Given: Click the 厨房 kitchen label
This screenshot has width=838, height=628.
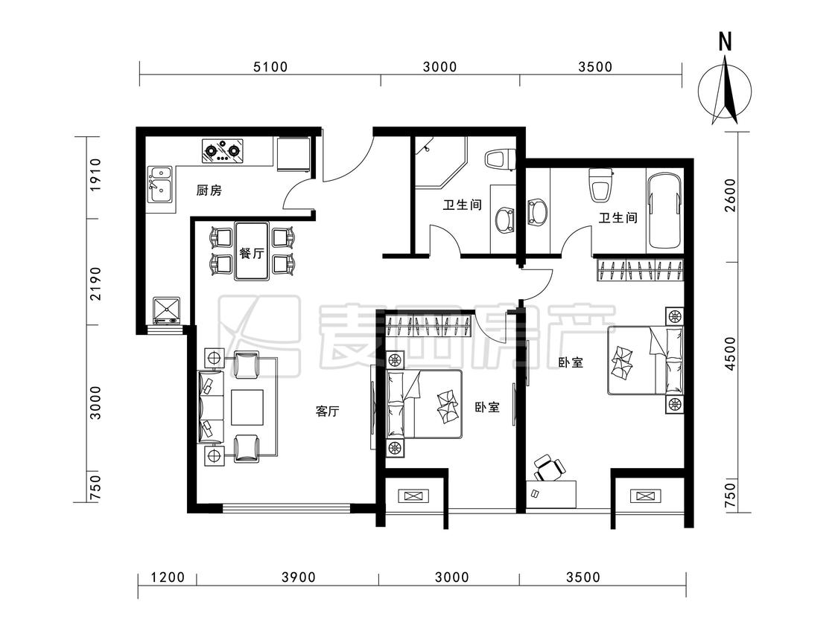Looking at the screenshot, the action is pos(209,190).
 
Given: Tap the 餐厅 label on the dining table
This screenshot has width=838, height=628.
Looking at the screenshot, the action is pos(252,252).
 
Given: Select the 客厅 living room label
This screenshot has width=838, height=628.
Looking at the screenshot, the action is pos(327,411).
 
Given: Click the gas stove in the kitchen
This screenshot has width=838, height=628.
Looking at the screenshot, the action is pos(222,150).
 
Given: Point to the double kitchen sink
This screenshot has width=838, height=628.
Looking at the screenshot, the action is pos(160,185).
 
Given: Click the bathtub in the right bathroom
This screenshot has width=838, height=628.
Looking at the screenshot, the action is pos(664,211).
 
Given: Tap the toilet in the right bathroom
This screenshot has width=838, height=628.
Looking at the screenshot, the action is pos(600,185).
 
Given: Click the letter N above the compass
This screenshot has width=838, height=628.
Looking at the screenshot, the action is pos(725,41).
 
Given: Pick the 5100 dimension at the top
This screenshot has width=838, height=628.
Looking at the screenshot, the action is pos(270,67).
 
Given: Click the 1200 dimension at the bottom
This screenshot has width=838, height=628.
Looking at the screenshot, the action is pos(168,577).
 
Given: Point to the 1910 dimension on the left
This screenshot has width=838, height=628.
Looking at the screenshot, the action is pos(95,175).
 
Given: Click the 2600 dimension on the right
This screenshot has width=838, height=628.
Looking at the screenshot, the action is pos(730,195).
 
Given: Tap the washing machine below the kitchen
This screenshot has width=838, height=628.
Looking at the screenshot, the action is pos(168,311).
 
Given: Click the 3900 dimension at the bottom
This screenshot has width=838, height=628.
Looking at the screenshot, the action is pos(299,577).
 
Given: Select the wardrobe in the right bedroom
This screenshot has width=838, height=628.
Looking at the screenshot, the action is pos(641,269).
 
